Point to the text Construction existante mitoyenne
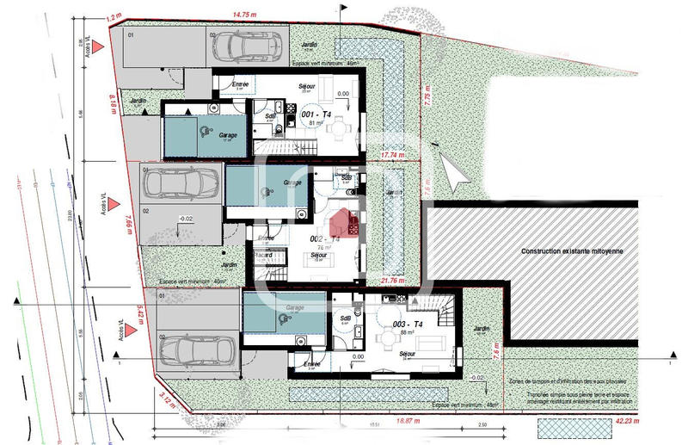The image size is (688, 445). pos(570,252)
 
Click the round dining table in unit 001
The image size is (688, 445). pos(343,130)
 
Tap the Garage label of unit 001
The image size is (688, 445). pos(228,135)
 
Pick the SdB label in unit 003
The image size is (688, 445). pos(346,318)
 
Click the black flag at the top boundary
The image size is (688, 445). pos(346,8)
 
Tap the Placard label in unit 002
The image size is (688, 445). pos(263,255)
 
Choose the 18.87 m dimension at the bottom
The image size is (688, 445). pos(408,423)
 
